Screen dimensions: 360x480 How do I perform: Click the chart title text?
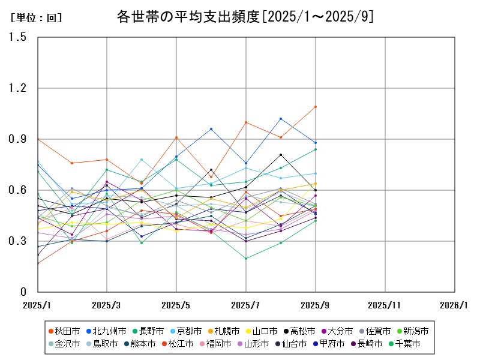pyautogui.click(x=245, y=17)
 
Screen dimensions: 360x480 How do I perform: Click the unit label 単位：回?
pyautogui.click(x=37, y=18)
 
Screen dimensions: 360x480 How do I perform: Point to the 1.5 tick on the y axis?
pyautogui.click(x=18, y=37)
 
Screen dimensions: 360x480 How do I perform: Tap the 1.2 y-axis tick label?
pyautogui.click(x=18, y=88)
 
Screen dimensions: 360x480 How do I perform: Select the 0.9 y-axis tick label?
pyautogui.click(x=18, y=139)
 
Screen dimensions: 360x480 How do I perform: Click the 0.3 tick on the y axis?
pyautogui.click(x=18, y=241)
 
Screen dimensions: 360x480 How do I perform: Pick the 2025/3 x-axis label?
pyautogui.click(x=107, y=305)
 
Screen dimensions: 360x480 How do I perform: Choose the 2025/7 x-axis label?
pyautogui.click(x=246, y=305)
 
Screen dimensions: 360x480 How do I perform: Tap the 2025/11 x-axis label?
pyautogui.click(x=385, y=305)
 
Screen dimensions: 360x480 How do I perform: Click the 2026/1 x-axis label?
pyautogui.click(x=454, y=305)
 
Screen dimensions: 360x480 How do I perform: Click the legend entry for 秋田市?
pyautogui.click(x=63, y=331)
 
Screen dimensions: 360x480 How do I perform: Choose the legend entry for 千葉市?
pyautogui.click(x=407, y=344)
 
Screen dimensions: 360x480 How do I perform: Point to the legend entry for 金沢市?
pyautogui.click(x=63, y=344)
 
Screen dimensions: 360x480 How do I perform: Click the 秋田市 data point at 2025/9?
pyautogui.click(x=316, y=107)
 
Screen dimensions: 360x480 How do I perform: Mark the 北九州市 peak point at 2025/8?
pyautogui.click(x=281, y=119)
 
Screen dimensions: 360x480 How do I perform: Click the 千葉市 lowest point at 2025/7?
pyautogui.click(x=246, y=259)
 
